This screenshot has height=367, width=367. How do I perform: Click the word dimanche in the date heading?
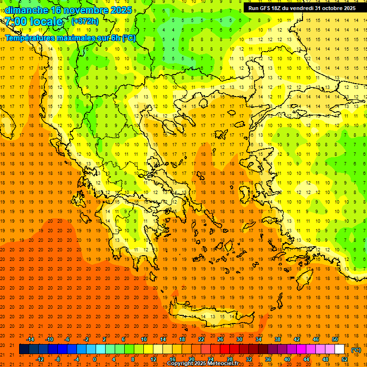26,10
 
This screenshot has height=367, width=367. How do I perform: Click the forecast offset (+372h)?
85,22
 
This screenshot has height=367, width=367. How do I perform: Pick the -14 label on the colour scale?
30,339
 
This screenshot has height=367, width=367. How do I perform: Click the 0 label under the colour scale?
95,359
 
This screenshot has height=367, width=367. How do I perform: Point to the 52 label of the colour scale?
345,359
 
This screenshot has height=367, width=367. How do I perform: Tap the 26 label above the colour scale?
220,339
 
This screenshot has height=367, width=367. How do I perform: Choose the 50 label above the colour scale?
335,339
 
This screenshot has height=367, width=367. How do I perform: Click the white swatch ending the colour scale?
340,349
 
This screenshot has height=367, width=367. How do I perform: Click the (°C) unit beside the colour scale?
356,350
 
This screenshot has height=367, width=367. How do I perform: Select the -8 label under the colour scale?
57,359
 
